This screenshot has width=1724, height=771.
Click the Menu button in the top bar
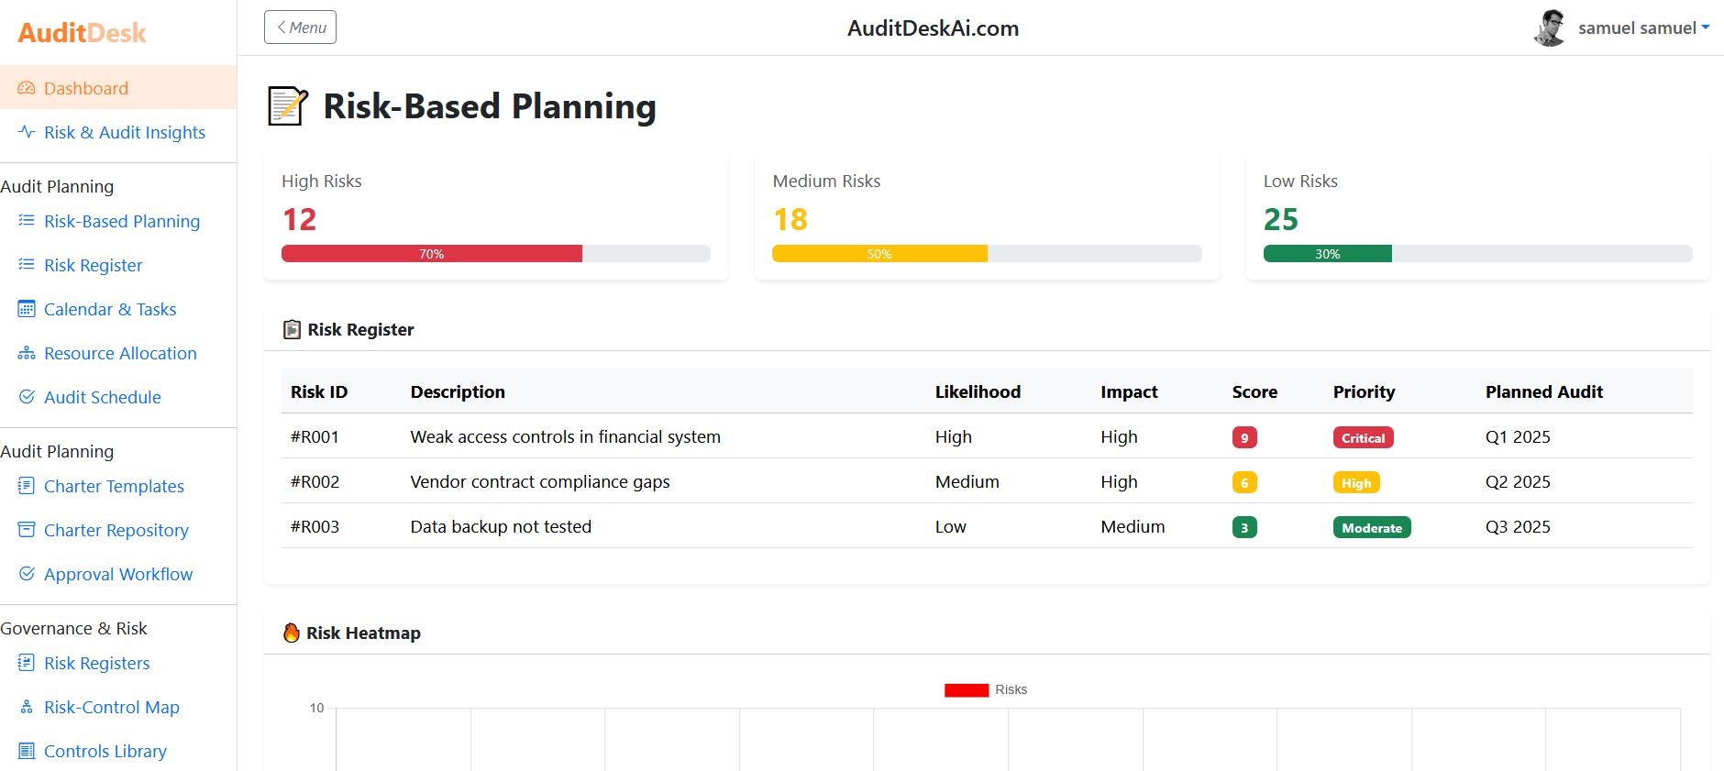300,28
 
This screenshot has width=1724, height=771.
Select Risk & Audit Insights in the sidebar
124,133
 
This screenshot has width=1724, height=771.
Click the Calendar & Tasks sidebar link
110,310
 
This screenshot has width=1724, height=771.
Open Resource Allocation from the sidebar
120,354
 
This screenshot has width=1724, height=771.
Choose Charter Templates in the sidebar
114,487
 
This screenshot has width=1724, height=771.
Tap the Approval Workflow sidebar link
118,575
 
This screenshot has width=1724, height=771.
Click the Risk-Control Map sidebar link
111,708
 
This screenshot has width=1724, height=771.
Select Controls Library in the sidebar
105,752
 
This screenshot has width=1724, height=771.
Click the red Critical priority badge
1363,438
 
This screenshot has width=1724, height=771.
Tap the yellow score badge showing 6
1243,483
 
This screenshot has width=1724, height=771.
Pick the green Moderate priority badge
1371,528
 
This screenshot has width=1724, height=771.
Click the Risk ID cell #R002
315,482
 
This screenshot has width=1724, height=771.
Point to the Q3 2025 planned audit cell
1518,527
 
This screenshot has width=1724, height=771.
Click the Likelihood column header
978,392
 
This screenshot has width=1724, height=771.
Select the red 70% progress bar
431,254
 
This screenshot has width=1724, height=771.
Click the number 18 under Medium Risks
790,220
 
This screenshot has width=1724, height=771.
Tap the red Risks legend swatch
966,690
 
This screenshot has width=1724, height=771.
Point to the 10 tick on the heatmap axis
316,708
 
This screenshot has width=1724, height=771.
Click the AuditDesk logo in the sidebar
82,33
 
